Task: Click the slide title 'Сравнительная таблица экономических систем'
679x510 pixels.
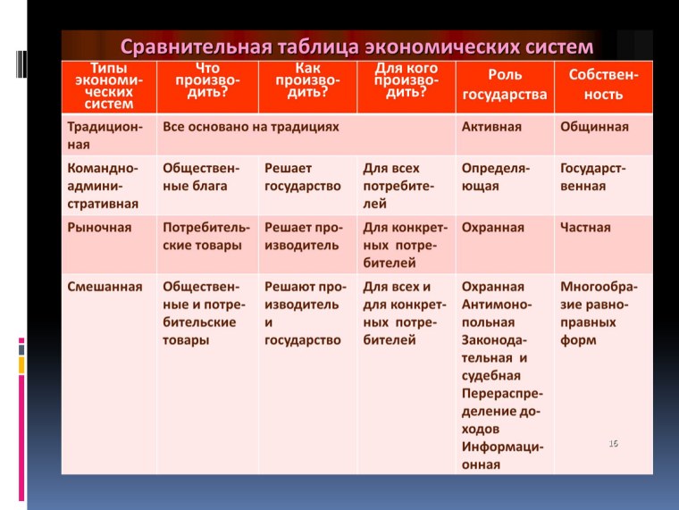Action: click(356, 45)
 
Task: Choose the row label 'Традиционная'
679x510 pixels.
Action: click(105, 136)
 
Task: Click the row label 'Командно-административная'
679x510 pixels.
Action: click(103, 186)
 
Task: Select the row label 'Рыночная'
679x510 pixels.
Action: click(100, 228)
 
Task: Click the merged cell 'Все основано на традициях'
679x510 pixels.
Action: click(251, 127)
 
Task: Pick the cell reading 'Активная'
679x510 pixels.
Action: click(491, 127)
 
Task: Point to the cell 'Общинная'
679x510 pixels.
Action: click(594, 127)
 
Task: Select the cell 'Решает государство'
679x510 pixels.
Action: click(303, 177)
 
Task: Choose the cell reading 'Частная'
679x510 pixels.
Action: click(585, 228)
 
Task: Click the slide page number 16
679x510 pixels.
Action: click(614, 444)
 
